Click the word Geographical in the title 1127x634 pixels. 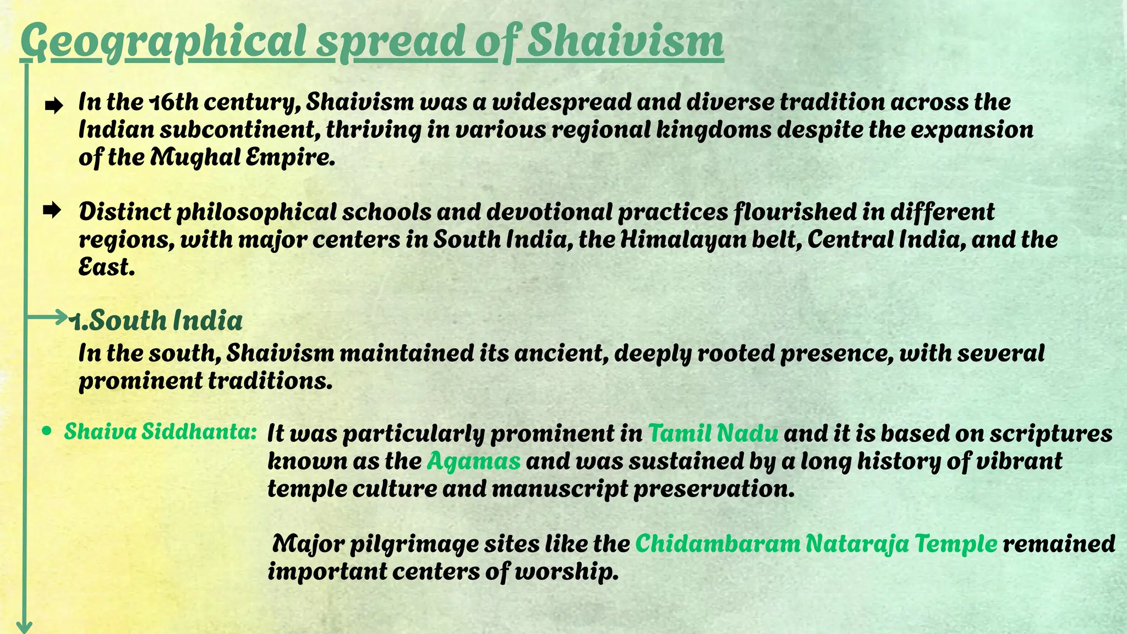coord(163,42)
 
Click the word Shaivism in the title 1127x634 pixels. coord(625,41)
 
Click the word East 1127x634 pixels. coord(105,267)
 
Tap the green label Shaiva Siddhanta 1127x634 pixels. coord(160,432)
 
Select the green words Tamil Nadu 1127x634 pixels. coord(713,434)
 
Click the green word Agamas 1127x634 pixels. coord(473,461)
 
